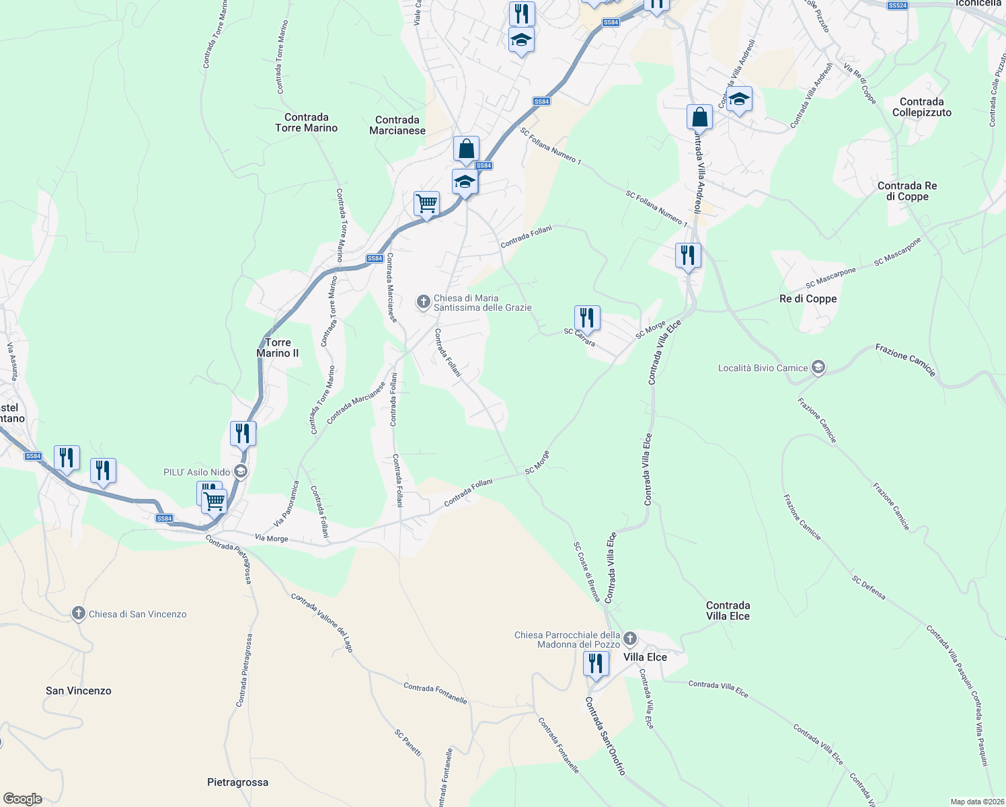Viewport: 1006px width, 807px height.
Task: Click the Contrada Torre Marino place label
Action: point(307,122)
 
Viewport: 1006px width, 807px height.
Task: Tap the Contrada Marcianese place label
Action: point(397,125)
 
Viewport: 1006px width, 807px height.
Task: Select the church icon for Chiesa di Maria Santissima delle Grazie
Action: point(424,302)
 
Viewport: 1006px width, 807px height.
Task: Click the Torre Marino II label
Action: point(278,348)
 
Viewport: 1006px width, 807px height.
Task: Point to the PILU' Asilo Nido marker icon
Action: point(240,472)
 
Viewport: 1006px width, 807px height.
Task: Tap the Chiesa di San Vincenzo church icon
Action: point(79,613)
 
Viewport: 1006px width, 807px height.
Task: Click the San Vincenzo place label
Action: point(79,691)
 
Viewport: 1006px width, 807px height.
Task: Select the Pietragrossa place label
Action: point(237,782)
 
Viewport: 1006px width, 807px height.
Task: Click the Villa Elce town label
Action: point(645,657)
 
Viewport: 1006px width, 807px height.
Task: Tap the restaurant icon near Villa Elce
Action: point(596,664)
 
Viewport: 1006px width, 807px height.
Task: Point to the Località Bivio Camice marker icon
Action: point(818,367)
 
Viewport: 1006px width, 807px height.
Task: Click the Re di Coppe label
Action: point(808,299)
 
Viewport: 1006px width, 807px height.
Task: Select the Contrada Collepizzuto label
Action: point(921,107)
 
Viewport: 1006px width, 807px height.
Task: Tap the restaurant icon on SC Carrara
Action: point(587,318)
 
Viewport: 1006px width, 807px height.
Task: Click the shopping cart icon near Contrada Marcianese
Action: point(426,203)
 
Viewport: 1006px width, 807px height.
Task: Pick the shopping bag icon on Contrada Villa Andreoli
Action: point(699,116)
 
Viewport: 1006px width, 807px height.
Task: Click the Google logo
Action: point(23,799)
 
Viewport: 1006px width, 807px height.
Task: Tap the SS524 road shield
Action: point(897,5)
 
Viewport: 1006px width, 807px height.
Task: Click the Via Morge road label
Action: point(272,538)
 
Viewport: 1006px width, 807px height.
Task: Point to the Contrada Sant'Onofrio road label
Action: point(605,736)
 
